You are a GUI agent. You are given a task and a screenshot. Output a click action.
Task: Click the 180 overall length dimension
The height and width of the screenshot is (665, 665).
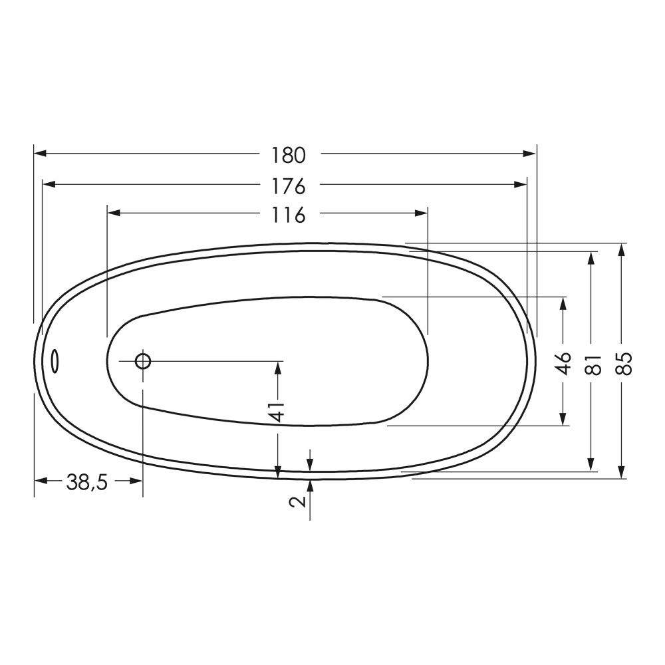(x=288, y=155)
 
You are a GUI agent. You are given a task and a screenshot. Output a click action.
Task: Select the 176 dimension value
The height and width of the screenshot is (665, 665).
(x=288, y=186)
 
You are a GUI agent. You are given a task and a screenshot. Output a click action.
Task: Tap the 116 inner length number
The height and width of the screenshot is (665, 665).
(x=288, y=215)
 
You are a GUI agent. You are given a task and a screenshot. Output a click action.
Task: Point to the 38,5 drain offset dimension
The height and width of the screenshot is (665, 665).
(x=86, y=482)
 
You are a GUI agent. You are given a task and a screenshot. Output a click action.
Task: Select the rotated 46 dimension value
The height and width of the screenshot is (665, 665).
(x=563, y=364)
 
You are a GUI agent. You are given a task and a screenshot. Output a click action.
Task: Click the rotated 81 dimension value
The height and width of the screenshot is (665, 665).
(x=592, y=364)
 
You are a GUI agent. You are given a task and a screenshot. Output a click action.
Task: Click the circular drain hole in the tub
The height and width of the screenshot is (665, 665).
(x=143, y=361)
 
